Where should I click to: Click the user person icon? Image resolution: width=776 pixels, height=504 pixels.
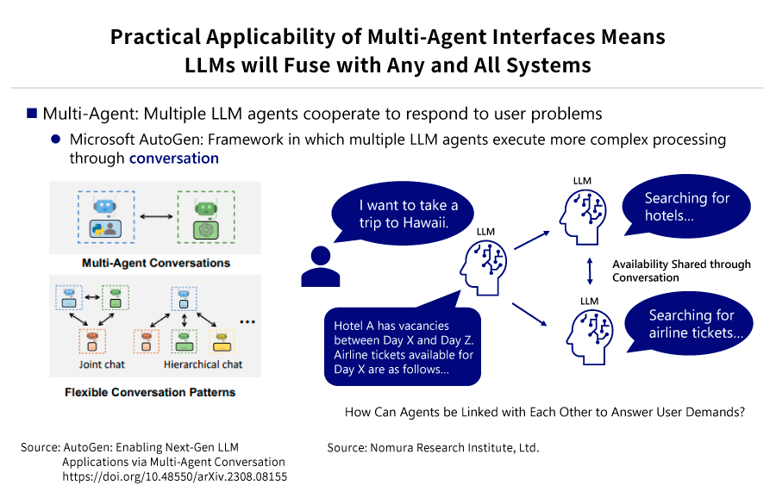320,267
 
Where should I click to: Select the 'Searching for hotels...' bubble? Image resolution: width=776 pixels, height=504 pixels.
686,206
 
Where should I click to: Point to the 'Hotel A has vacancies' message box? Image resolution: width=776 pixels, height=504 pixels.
403,346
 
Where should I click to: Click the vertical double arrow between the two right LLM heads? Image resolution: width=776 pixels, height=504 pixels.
590,271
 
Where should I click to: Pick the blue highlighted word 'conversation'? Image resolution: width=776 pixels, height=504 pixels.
173,159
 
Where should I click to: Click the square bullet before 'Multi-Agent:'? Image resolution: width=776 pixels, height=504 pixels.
32,113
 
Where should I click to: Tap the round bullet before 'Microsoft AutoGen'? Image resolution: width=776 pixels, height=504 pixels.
55,140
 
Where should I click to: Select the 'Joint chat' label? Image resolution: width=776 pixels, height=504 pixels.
102,364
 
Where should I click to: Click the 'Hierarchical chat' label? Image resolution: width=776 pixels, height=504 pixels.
203,364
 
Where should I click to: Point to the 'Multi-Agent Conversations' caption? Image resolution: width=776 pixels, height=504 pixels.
156,263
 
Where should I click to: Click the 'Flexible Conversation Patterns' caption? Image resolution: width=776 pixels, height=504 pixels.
150,392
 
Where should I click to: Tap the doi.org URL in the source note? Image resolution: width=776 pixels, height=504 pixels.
175,476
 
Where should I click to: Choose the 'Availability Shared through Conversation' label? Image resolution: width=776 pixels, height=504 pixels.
681,271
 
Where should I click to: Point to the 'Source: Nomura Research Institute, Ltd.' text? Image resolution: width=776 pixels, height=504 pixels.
433,448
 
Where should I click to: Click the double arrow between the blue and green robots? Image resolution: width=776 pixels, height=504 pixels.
156,216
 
